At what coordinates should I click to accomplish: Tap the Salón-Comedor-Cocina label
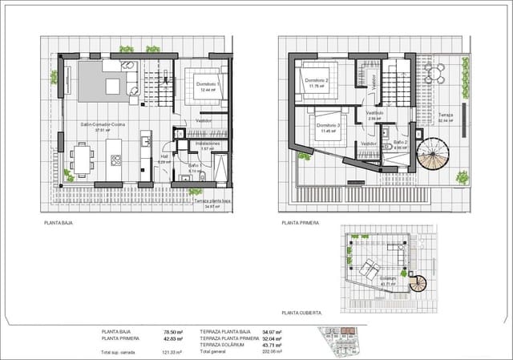(x=99, y=126)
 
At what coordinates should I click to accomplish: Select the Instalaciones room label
(x=208, y=144)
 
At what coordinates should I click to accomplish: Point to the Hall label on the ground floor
(x=165, y=157)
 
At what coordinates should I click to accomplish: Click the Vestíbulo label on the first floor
(x=376, y=113)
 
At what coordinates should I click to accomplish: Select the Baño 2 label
(x=401, y=142)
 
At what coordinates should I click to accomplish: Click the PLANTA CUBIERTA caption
(x=301, y=312)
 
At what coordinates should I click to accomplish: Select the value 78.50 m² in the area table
(x=170, y=331)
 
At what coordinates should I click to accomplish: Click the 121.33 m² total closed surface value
(x=171, y=351)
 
